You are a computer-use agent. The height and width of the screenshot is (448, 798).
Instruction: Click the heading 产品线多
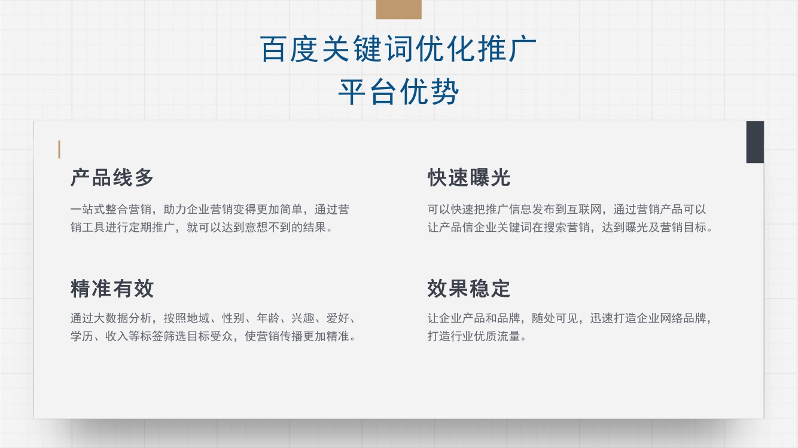coord(112,177)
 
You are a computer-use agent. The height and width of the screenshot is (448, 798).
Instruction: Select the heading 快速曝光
coord(469,177)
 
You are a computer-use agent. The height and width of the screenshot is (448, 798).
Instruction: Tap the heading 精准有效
coord(112,289)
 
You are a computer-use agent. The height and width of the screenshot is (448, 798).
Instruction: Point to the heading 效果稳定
coord(469,289)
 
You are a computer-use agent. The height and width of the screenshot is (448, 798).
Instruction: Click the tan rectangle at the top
coord(398,9)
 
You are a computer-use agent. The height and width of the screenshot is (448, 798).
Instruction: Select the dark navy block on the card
coord(755,142)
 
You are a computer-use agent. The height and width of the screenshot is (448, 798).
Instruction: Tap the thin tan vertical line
coord(59,149)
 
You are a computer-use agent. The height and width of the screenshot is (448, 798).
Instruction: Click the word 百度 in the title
coord(289,49)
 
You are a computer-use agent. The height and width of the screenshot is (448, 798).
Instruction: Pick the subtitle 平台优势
coord(398,92)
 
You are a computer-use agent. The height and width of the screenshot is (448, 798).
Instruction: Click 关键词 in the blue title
coord(368,49)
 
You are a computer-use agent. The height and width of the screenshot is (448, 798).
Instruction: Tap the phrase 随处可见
coord(555,318)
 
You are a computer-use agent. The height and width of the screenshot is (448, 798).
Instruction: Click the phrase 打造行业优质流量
coord(474,336)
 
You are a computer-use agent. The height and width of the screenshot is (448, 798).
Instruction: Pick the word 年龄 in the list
coord(268,318)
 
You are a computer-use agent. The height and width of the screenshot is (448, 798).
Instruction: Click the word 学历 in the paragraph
coord(81,336)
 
